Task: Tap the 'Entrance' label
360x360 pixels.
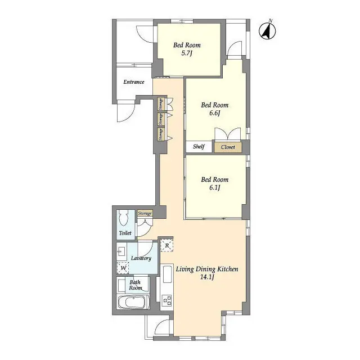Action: tap(134, 82)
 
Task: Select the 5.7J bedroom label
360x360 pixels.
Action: tap(187, 49)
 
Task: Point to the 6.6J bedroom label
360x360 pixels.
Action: tap(214, 109)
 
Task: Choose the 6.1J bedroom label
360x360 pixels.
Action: tap(214, 184)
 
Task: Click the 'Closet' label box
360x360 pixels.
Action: tap(228, 147)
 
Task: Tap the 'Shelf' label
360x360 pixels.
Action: tap(199, 147)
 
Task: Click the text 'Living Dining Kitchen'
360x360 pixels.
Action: tap(207, 269)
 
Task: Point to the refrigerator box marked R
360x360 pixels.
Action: tap(167, 245)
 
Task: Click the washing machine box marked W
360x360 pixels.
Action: tap(123, 268)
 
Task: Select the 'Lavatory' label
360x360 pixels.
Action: tap(141, 258)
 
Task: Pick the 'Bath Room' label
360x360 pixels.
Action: tap(136, 285)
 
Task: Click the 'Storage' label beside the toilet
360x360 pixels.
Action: tap(145, 213)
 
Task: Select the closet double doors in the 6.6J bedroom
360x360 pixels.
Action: tap(227, 134)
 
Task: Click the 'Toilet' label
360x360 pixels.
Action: tap(125, 232)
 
